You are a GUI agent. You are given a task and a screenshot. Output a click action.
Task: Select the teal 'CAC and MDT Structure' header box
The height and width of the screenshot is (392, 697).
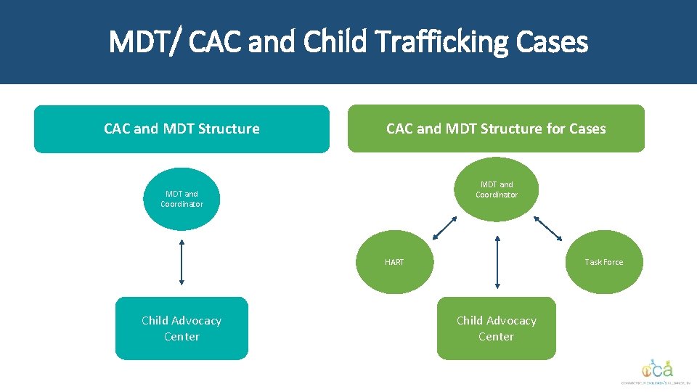tap(182, 128)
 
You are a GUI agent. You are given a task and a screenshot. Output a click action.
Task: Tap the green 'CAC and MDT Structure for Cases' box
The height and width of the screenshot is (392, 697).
tap(496, 128)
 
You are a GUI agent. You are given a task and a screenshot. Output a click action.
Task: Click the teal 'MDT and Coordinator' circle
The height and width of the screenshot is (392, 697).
tap(182, 199)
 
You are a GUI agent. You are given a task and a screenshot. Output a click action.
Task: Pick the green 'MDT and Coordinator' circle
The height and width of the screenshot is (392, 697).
tap(497, 189)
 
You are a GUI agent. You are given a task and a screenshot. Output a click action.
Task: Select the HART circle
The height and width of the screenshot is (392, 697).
tap(394, 262)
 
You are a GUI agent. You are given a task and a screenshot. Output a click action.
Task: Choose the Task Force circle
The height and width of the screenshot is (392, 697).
tap(603, 262)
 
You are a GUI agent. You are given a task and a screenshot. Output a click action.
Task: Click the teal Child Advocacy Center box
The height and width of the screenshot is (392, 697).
tap(182, 328)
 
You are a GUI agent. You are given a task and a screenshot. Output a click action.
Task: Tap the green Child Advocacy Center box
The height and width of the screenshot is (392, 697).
tap(497, 328)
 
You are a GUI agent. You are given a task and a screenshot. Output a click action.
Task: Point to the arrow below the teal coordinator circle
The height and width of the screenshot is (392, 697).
tap(182, 262)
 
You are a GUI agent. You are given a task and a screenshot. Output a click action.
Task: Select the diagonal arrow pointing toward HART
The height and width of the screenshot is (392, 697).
tap(444, 228)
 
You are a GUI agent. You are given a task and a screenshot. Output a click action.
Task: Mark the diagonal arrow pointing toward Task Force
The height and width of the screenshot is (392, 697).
tap(548, 228)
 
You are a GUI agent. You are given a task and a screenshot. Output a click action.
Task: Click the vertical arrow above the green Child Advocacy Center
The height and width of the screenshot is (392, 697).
tap(497, 262)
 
